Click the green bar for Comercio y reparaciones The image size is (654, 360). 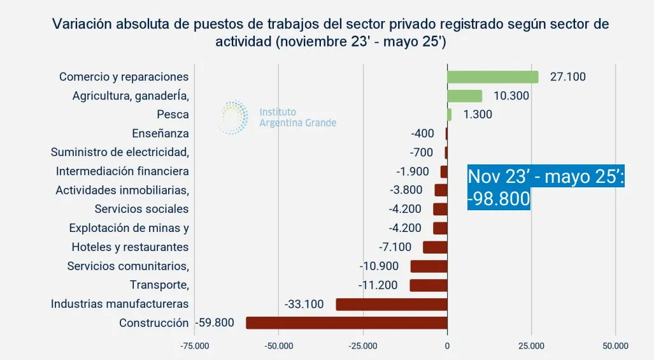(x=492, y=76)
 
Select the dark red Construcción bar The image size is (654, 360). (x=346, y=323)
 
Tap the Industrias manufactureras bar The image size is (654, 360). (x=391, y=304)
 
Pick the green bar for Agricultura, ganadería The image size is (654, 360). (x=464, y=96)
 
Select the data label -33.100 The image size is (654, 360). (x=304, y=304)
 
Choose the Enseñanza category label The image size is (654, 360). (x=160, y=134)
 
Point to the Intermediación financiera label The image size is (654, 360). (x=122, y=171)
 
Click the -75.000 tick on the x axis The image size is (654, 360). (x=195, y=346)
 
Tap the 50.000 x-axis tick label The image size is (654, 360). (x=615, y=346)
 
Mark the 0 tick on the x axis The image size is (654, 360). (x=447, y=346)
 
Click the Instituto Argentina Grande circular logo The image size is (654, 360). (x=234, y=117)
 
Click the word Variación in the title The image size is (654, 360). (x=80, y=24)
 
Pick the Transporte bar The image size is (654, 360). (x=428, y=285)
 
